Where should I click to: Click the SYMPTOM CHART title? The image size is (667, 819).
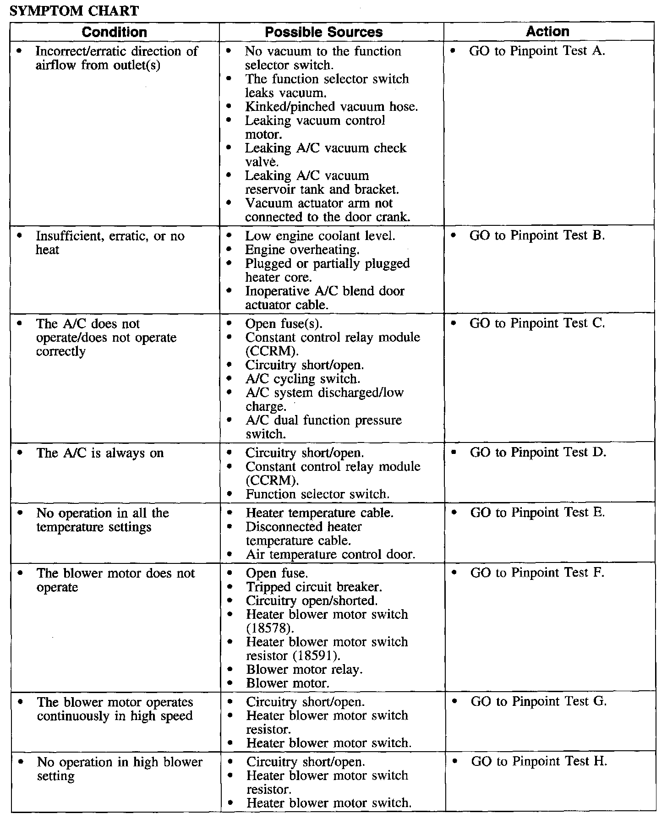pos(74,11)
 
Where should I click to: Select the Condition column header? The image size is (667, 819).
pos(115,32)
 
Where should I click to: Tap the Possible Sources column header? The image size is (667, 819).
pos(324,32)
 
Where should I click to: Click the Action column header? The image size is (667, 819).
pos(547,32)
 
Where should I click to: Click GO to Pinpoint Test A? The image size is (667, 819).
pos(537,51)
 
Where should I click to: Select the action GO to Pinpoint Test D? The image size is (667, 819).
pos(538,453)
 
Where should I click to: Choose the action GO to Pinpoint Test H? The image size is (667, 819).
pos(539,761)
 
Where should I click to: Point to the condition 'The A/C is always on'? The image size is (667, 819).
pos(100,453)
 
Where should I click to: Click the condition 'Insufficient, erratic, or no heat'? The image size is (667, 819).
pos(110,243)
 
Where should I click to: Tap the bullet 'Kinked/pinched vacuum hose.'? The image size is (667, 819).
pos(331,107)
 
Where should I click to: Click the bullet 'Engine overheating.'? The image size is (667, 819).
pos(302,250)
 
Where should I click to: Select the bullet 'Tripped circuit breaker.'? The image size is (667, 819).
pos(314,587)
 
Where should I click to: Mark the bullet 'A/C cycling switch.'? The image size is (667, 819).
pos(303,379)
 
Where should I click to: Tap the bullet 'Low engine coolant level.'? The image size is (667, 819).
pos(320,236)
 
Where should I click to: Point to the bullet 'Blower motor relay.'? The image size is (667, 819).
pos(304,669)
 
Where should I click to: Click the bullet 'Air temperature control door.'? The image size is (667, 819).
pos(330,555)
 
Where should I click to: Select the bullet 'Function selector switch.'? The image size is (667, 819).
pos(317,494)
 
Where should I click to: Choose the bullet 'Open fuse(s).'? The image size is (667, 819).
pos(284,323)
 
